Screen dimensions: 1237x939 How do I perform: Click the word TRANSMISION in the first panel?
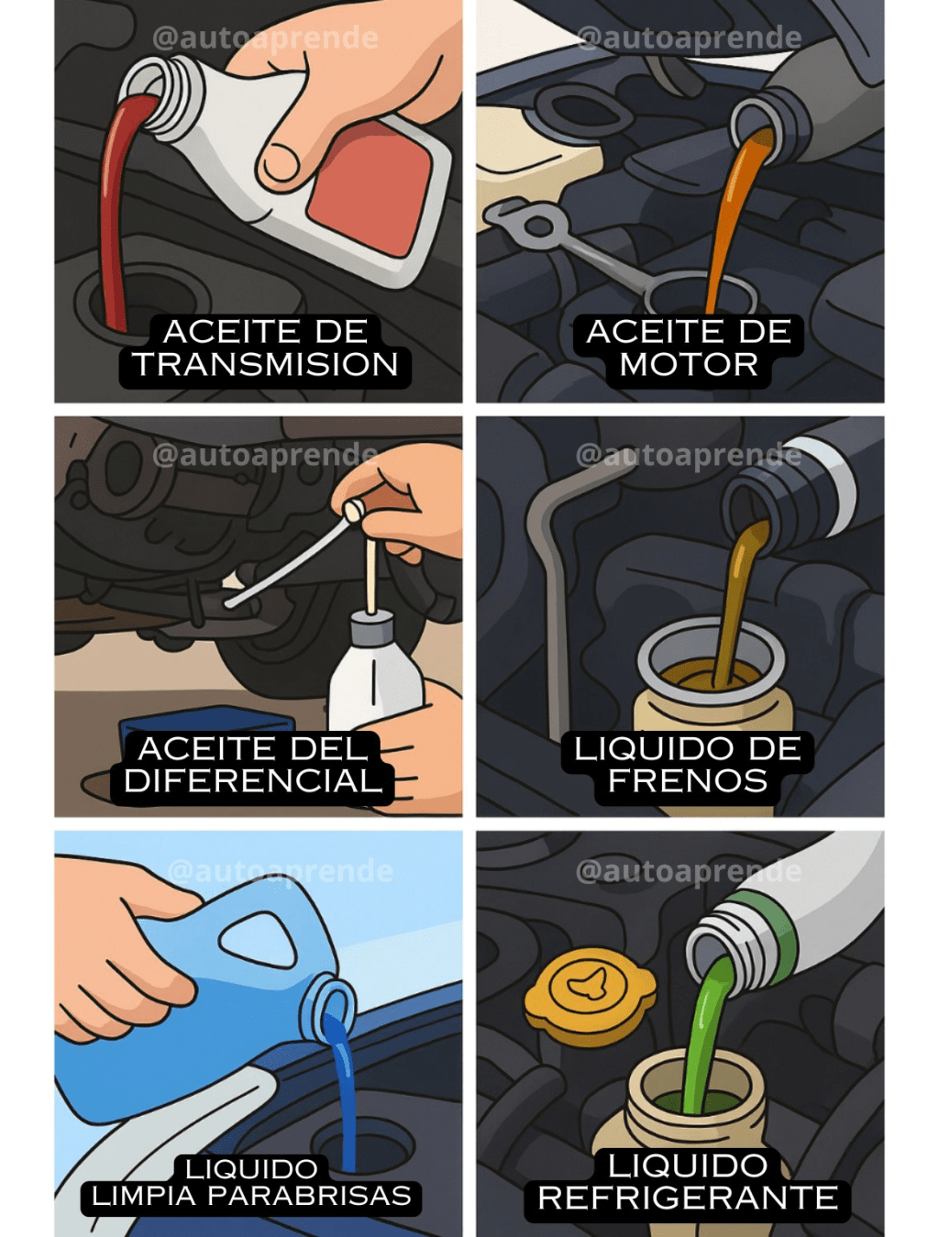[265, 365]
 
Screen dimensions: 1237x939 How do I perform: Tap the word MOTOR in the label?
[689, 365]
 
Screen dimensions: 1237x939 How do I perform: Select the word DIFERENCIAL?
[253, 781]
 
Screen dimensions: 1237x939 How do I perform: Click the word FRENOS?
[688, 781]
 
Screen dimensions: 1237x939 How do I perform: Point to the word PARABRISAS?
[309, 1197]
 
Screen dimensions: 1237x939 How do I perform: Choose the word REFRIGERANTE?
[688, 1198]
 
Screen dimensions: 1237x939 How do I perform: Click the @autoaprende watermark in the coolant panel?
[688, 870]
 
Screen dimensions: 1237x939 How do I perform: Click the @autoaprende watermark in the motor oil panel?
[688, 38]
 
